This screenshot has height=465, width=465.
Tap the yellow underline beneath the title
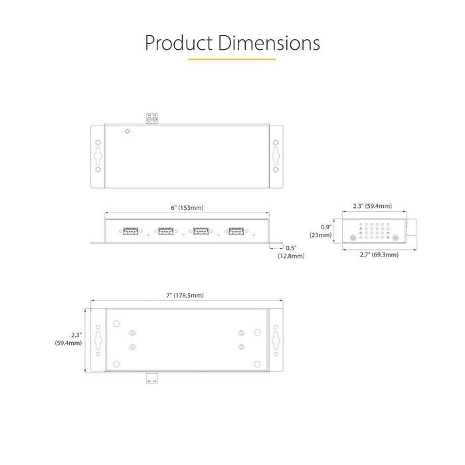coord(232,60)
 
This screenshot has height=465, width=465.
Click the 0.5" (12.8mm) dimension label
coord(290,252)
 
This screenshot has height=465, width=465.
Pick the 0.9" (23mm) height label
coord(325,230)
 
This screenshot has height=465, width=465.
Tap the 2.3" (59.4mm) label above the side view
coord(371,206)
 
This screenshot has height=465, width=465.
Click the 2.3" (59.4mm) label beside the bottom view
coord(69,339)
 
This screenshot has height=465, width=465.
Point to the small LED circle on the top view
coord(127,131)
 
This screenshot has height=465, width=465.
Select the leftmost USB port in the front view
coord(130,231)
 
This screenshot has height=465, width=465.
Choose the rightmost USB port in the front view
coord(236,231)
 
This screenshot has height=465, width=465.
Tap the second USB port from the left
coord(165,231)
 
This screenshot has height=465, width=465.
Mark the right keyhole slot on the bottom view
coord(275,339)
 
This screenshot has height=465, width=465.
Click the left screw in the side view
coord(352,237)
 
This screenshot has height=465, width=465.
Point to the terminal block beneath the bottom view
coord(152,378)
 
